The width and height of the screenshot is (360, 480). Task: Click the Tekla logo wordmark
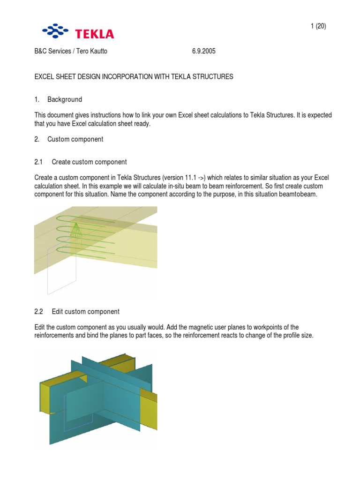point(96,34)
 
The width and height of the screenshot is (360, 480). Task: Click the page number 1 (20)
point(318,26)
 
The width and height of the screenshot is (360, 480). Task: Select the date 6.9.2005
point(203,51)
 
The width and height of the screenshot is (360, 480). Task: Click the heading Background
point(65,99)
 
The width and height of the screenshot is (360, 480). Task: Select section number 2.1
point(38,162)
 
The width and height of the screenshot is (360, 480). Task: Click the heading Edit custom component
point(85,311)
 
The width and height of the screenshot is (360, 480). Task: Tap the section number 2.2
point(38,311)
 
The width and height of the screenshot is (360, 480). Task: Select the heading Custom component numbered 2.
point(75,139)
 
